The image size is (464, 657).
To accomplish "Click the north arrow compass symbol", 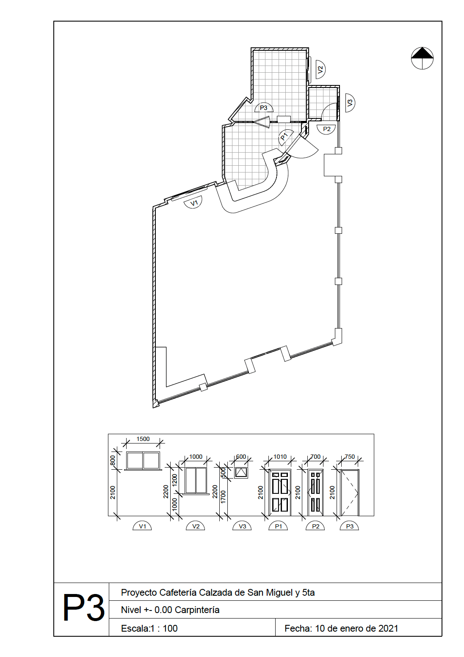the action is click(422, 58).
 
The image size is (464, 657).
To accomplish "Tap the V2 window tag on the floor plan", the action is click(320, 69).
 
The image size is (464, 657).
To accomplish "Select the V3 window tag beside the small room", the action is click(350, 103).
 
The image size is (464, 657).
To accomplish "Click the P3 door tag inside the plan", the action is click(264, 108).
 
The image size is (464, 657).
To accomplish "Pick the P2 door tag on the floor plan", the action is click(326, 129).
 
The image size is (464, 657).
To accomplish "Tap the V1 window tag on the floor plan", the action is click(194, 203).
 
